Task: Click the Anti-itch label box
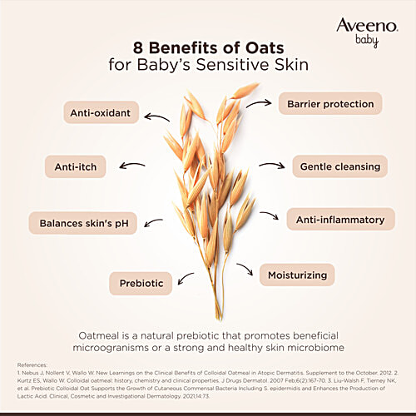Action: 76,167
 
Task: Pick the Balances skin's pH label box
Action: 82,222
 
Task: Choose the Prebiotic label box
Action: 141,282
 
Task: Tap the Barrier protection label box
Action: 329,103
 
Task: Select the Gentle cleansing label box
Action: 340,166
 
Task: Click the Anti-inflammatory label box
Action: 340,220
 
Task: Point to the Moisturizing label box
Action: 297,274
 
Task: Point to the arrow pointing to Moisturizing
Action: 245,270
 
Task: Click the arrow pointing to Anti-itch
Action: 131,167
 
